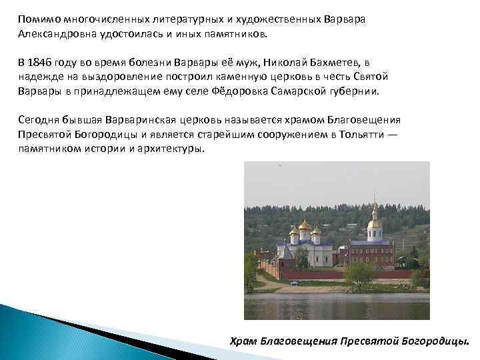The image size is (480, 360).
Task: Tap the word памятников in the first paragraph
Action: coord(234,33)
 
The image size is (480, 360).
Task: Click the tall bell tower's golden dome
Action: coord(375,222)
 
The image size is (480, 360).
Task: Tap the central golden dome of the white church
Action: coord(305,225)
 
